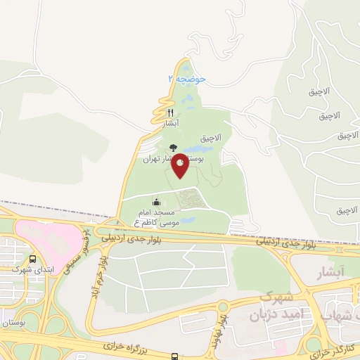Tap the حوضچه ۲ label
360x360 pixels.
point(186,79)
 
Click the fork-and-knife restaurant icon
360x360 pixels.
point(170,112)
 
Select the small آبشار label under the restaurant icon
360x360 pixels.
point(171,123)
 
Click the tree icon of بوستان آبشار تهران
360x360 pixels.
point(173,148)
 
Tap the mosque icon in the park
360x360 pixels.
point(155,203)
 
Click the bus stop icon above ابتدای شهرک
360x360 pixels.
point(32,258)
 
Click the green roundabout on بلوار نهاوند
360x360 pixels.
point(224,306)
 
